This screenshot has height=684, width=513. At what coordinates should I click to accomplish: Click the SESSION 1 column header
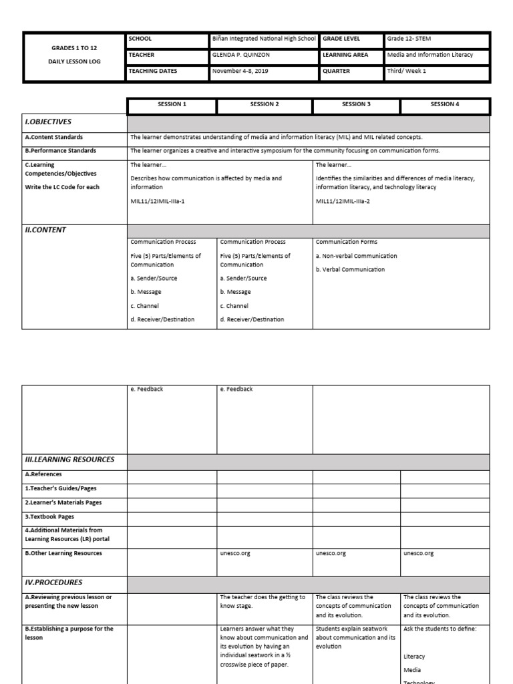(172, 104)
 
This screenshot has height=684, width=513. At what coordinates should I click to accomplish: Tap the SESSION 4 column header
(445, 104)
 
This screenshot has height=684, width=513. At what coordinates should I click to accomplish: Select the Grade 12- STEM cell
(409, 39)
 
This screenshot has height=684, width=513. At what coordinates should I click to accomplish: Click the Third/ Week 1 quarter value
(406, 71)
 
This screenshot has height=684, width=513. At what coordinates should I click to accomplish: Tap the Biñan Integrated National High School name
(263, 39)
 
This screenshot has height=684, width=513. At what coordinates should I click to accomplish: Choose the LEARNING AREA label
(345, 55)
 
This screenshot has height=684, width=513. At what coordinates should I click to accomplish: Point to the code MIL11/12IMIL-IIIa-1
(158, 201)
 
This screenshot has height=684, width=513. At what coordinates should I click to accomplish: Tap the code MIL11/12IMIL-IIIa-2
(343, 201)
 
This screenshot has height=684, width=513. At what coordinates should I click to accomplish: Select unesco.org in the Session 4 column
(419, 553)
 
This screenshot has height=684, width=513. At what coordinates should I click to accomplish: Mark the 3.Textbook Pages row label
(49, 516)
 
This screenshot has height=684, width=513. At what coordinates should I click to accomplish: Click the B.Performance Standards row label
(61, 151)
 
